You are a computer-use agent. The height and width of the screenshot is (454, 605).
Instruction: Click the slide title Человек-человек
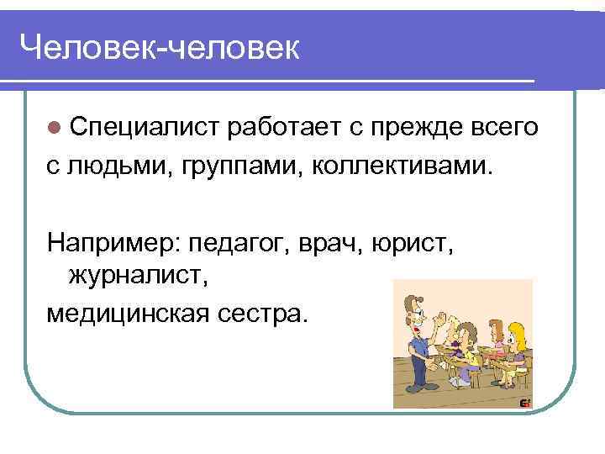(x=159, y=49)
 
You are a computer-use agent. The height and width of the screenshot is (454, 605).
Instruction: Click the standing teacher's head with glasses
(x=413, y=307)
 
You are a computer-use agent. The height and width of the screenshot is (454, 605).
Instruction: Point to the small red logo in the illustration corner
(x=525, y=402)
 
